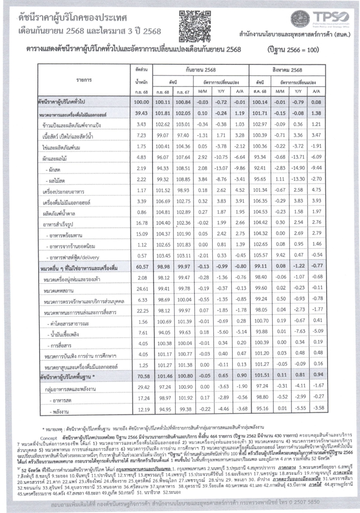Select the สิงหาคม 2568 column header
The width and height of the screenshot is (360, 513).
coord(287,71)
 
